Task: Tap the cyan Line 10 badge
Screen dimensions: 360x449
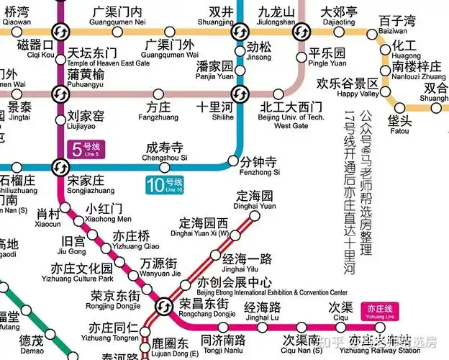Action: click(165, 184)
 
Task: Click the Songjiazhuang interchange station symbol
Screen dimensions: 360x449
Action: click(59, 167)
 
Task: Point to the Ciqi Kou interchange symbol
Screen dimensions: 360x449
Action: click(59, 32)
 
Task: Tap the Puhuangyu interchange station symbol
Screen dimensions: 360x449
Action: click(59, 94)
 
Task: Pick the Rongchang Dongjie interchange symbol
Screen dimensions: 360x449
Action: click(165, 305)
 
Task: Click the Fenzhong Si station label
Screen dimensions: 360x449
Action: click(258, 166)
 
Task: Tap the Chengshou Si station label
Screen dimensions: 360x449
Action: click(165, 150)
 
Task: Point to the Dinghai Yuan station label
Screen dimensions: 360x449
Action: click(255, 200)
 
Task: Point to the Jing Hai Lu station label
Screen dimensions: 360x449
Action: click(262, 312)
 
